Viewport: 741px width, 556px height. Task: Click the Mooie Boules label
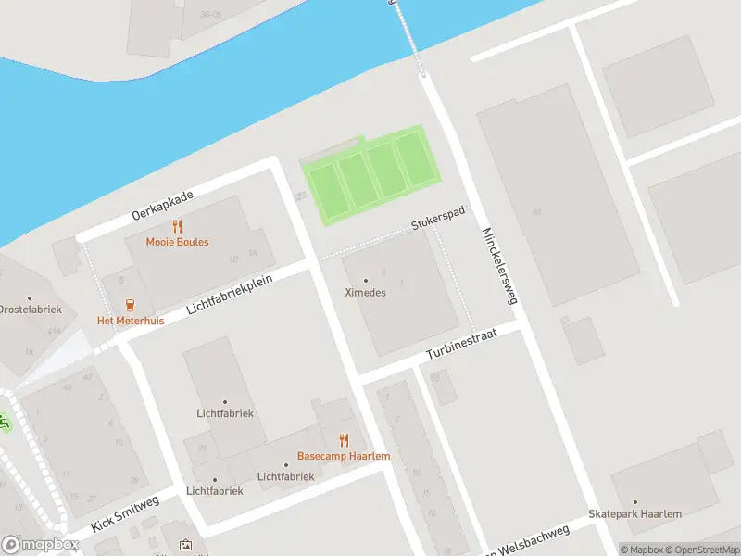(177, 242)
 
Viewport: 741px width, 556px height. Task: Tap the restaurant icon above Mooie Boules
(177, 226)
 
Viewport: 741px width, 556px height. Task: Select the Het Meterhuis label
(131, 321)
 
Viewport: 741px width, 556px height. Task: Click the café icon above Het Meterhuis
(130, 305)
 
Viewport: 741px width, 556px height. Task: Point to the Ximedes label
(365, 293)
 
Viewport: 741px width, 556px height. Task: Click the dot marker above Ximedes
(365, 280)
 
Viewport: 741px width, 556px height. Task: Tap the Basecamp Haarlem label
(343, 456)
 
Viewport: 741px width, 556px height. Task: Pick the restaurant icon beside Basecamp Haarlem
(344, 440)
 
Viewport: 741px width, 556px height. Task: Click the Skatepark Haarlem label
(634, 514)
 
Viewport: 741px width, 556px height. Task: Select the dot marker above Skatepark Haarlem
(634, 501)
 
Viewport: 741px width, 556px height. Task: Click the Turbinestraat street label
(462, 343)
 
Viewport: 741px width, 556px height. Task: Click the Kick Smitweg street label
(125, 514)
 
